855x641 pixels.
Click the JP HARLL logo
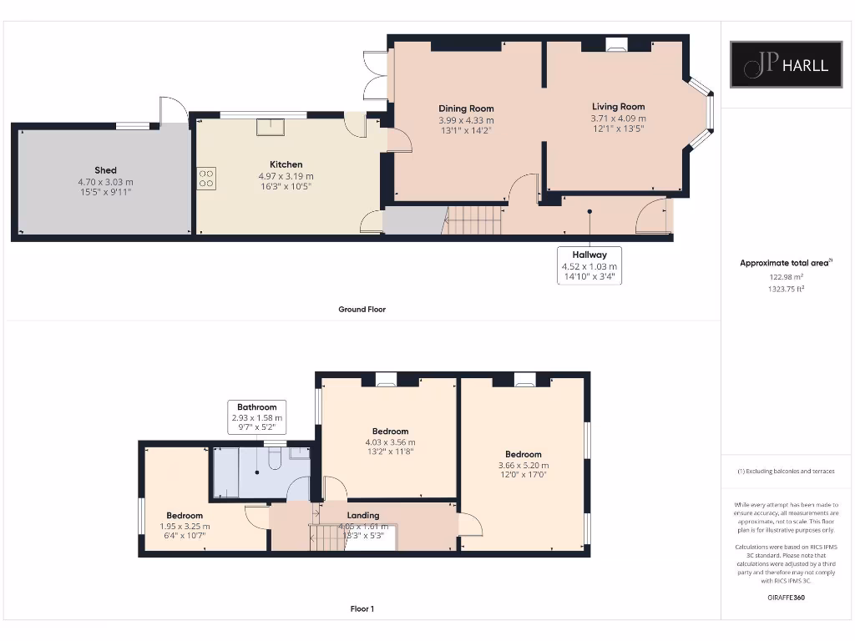[786, 64]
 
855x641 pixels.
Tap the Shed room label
[105, 170]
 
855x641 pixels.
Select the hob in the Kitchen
[206, 178]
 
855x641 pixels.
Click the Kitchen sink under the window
[270, 126]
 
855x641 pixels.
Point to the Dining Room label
[466, 109]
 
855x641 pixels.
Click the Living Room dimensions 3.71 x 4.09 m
[618, 119]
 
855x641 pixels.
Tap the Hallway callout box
[589, 265]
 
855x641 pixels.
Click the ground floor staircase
[473, 220]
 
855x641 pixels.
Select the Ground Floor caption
[362, 310]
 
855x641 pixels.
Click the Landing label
[363, 515]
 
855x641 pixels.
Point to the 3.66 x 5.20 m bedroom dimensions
[523, 466]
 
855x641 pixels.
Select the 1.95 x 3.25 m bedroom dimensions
[185, 527]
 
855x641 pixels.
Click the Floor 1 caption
[362, 609]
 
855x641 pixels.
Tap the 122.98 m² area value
[785, 276]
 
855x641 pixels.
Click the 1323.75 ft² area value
[785, 289]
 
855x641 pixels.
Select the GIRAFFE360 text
[785, 598]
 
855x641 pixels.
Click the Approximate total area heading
[785, 263]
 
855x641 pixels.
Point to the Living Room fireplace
[616, 46]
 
